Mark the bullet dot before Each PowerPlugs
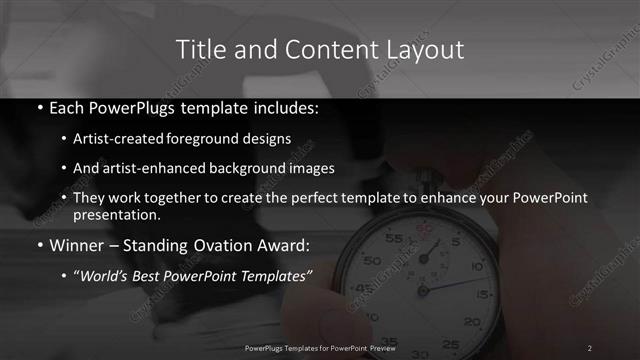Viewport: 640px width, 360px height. click(x=39, y=107)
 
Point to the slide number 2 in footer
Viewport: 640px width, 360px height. click(x=590, y=347)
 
